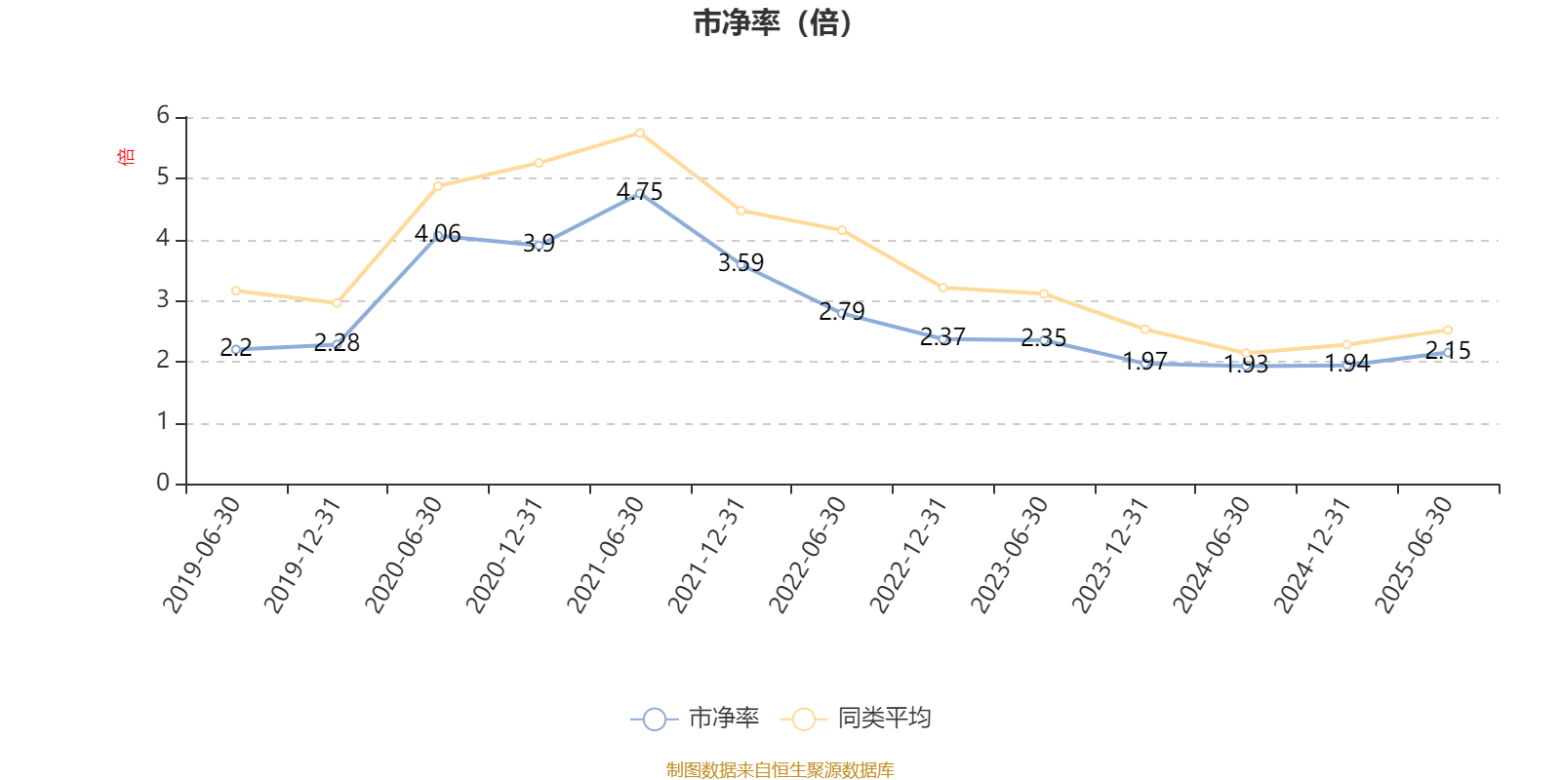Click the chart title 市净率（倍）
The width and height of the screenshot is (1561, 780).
click(x=772, y=23)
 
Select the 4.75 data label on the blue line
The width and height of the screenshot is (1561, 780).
click(x=639, y=191)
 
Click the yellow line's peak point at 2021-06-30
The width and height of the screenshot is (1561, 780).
click(x=640, y=133)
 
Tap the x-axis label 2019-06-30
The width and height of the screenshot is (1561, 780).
click(x=202, y=554)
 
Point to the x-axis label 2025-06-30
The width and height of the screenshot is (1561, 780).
click(x=1414, y=554)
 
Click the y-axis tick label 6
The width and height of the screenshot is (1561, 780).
click(x=163, y=116)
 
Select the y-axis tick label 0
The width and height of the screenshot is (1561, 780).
click(x=163, y=483)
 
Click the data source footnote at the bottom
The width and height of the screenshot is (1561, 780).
click(x=780, y=770)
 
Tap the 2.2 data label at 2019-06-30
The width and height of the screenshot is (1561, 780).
click(x=236, y=347)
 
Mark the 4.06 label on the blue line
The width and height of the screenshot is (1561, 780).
click(x=437, y=233)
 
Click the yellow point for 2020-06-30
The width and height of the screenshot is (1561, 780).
click(x=438, y=185)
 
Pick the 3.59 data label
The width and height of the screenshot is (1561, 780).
click(x=740, y=262)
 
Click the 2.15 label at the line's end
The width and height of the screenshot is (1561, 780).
click(x=1448, y=350)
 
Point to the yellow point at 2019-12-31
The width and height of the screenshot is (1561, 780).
click(x=337, y=303)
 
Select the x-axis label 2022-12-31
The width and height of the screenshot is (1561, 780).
click(x=908, y=554)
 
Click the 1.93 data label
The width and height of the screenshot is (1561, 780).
click(x=1246, y=365)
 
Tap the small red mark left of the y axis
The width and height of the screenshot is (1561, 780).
click(x=125, y=156)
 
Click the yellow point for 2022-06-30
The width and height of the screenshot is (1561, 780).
click(x=842, y=230)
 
